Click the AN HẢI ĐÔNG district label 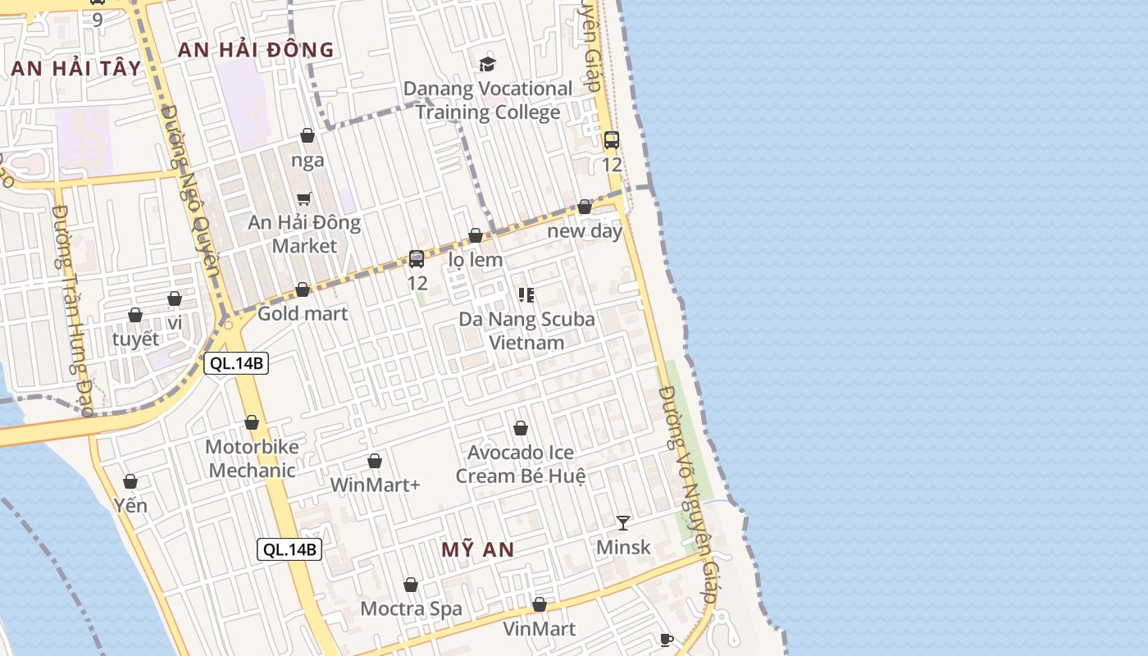coord(256,50)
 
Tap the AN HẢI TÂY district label coord(77,68)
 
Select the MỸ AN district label coord(477,549)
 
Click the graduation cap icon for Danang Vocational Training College coord(488,64)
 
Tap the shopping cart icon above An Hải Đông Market coord(304,198)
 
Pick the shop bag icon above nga coord(307,135)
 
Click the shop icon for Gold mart coord(303,289)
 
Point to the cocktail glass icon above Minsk coord(623,522)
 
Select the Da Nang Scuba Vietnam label coord(526,330)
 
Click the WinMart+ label coord(375,485)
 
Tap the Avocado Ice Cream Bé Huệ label coord(521,464)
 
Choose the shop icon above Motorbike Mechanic coord(252,422)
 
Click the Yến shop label coord(130,505)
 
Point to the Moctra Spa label coord(411,608)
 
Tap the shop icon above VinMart coord(540,604)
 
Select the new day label coord(585,230)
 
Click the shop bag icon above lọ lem coord(476,236)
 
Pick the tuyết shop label coord(135,339)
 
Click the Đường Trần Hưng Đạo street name coord(72,312)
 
